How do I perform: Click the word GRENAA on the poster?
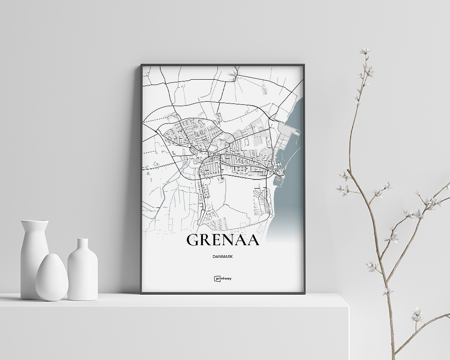pyautogui.click(x=223, y=240)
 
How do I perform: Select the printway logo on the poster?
pyautogui.click(x=223, y=279)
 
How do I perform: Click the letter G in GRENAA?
pyautogui.click(x=193, y=240)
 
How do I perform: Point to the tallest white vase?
pyautogui.click(x=34, y=256)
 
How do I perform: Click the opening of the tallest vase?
pyautogui.click(x=35, y=221)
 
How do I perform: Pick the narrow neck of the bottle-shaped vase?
pyautogui.click(x=82, y=245)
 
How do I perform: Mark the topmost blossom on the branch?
pyautogui.click(x=365, y=51)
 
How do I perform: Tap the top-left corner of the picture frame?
pyautogui.click(x=141, y=65)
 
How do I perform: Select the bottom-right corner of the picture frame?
pyautogui.click(x=304, y=293)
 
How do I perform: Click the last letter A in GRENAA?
pyautogui.click(x=252, y=240)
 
